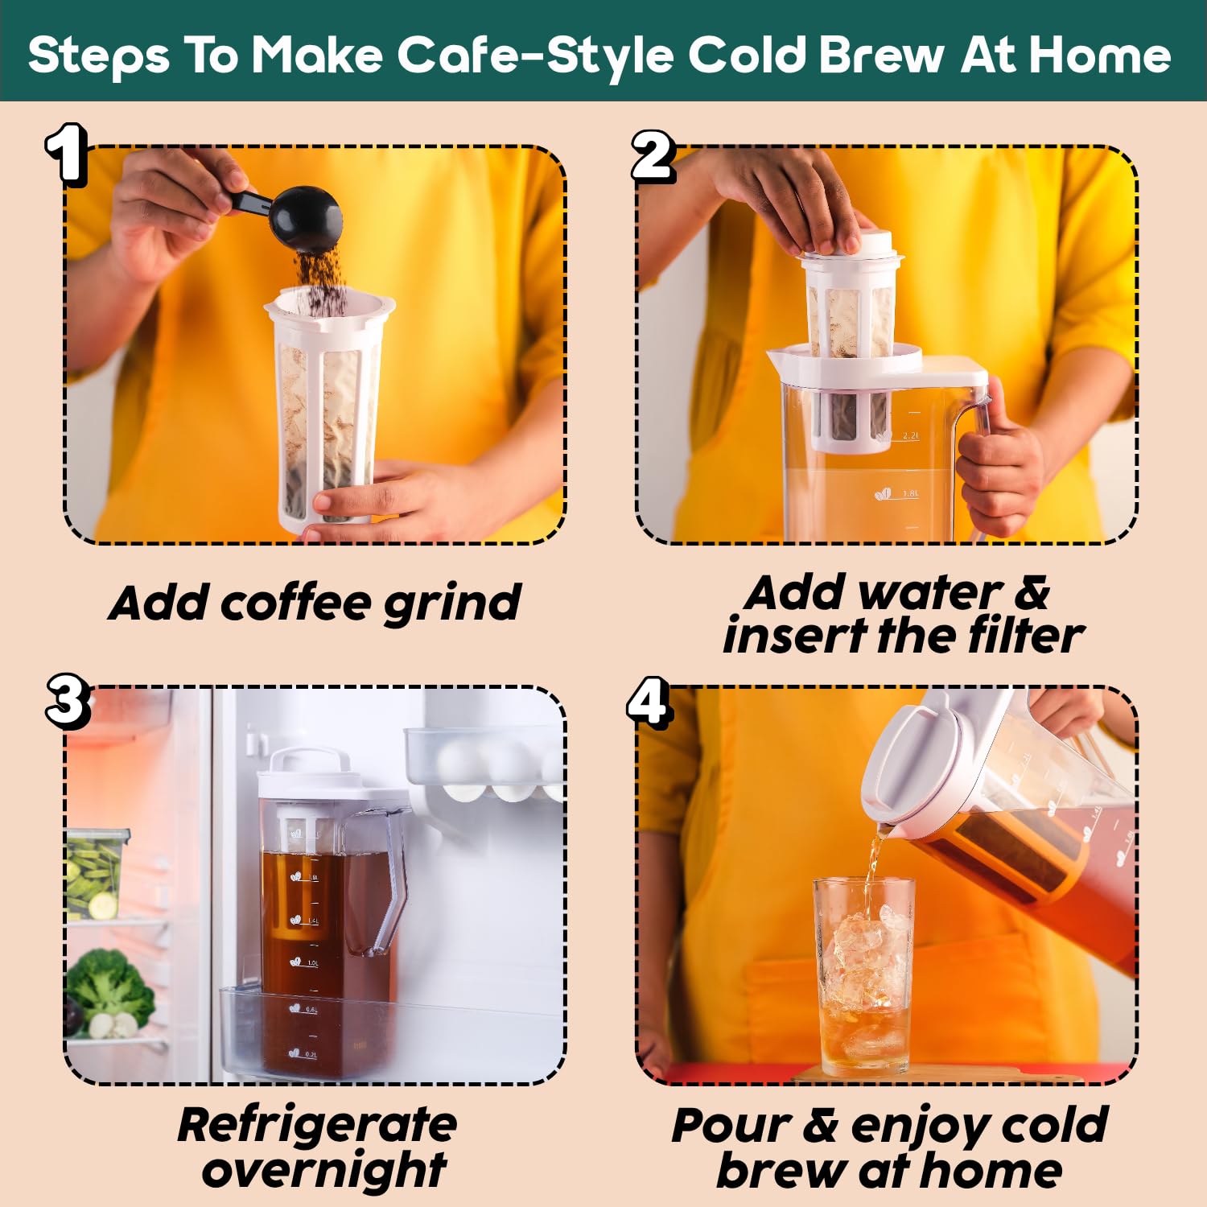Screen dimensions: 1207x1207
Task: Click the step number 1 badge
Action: (66, 154)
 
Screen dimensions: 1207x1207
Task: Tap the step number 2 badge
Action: (653, 156)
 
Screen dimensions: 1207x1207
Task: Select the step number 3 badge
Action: (68, 701)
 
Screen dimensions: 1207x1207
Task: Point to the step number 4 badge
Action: (649, 702)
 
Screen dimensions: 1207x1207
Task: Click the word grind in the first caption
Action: (451, 604)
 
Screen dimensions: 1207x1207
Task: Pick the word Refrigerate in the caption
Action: (317, 1126)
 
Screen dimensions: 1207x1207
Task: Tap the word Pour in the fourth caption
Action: (731, 1125)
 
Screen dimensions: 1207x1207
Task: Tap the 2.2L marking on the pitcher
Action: (910, 435)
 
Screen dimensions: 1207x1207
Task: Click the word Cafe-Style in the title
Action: (537, 56)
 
